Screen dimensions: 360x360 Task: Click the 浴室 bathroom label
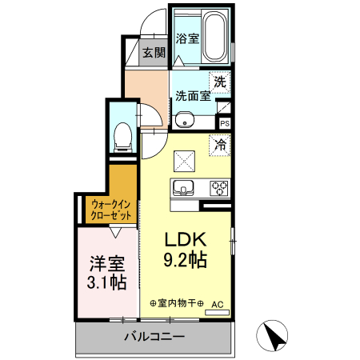pyautogui.click(x=186, y=38)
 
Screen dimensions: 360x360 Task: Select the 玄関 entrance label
pyautogui.click(x=154, y=54)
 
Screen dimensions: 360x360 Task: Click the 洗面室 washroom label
pyautogui.click(x=192, y=95)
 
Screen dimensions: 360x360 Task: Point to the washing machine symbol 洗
pyautogui.click(x=219, y=81)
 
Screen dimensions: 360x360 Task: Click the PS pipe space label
pyautogui.click(x=225, y=123)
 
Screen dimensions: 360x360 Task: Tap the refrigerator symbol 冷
pyautogui.click(x=219, y=146)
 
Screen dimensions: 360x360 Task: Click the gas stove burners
pyautogui.click(x=219, y=189)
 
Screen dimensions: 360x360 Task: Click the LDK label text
pyautogui.click(x=186, y=239)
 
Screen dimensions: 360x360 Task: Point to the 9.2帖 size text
pyautogui.click(x=187, y=260)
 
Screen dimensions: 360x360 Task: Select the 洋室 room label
pyautogui.click(x=106, y=262)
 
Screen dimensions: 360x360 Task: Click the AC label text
pyautogui.click(x=218, y=304)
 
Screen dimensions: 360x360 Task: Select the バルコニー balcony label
pyautogui.click(x=154, y=337)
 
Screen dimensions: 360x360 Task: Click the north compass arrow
pyautogui.click(x=274, y=336)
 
